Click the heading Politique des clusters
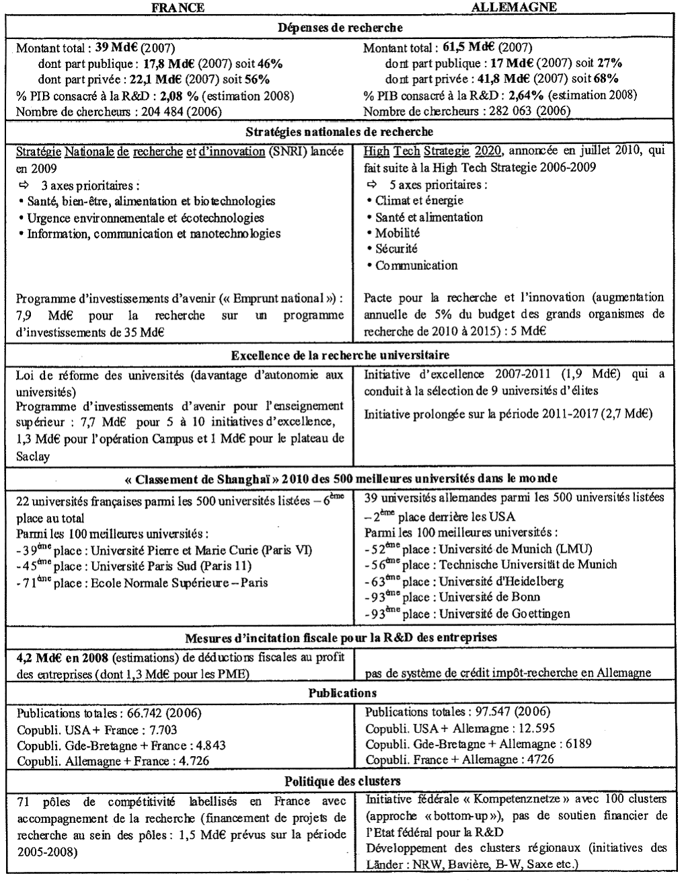click(342, 781)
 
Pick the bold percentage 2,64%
click(528, 96)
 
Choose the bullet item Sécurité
click(397, 249)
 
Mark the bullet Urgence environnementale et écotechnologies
click(145, 217)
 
